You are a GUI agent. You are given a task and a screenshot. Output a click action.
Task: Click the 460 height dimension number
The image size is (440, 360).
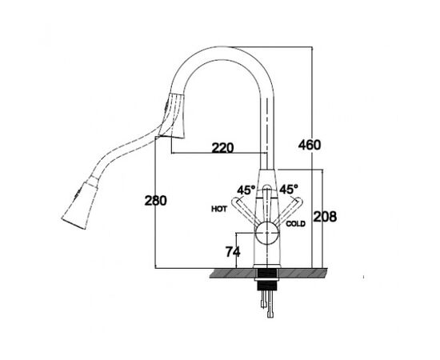click(310, 145)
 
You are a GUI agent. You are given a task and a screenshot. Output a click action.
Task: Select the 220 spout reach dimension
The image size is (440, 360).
click(222, 147)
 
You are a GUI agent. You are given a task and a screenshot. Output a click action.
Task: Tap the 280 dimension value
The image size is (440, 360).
click(155, 200)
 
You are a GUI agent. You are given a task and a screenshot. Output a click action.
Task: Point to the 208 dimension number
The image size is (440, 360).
click(325, 217)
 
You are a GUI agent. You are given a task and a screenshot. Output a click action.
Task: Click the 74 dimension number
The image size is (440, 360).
click(233, 251)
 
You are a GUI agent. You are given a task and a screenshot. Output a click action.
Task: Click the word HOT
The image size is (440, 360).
click(219, 209)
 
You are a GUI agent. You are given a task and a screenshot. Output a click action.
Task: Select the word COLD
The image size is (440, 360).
click(295, 224)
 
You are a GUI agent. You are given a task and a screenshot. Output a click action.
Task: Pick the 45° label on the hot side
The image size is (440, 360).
click(246, 190)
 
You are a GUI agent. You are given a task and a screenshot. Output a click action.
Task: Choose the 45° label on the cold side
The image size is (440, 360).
click(289, 189)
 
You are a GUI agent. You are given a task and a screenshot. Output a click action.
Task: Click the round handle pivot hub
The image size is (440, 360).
click(267, 233)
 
